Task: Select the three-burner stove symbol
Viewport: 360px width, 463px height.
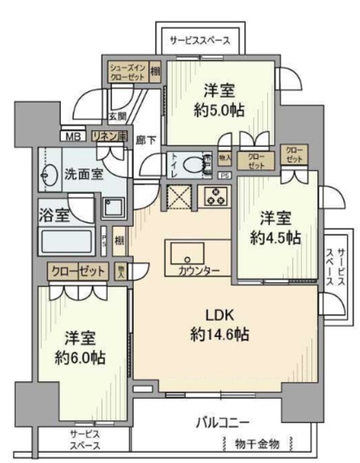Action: pos(215,195)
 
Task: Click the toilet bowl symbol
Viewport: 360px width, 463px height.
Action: pos(190,165)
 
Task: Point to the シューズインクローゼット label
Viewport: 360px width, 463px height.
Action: pos(128,73)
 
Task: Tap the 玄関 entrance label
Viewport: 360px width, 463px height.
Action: pos(117,116)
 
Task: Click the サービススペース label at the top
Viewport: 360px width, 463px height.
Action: pos(200,41)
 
